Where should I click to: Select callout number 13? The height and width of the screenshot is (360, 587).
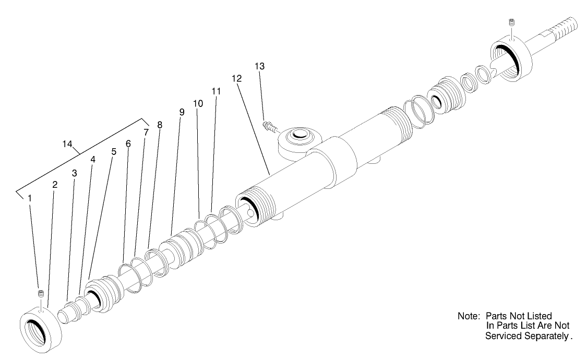tap(259, 66)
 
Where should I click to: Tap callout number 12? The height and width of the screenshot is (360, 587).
tap(236, 79)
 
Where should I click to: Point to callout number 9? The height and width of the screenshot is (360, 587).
tap(182, 112)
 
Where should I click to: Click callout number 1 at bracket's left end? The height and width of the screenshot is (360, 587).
tap(30, 198)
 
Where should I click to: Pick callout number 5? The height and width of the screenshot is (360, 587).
tap(113, 152)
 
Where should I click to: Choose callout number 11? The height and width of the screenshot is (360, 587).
tap(216, 91)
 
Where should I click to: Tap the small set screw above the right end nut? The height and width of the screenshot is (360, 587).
tap(511, 22)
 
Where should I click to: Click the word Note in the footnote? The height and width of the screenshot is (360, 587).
tap(468, 316)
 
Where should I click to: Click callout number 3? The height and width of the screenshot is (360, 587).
tap(75, 172)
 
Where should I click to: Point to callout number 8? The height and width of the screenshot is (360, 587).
tap(160, 125)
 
